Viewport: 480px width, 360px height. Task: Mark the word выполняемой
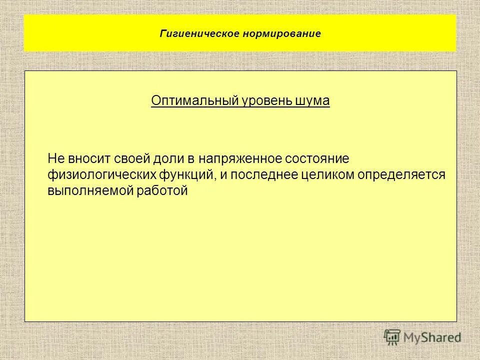point(87,190)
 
